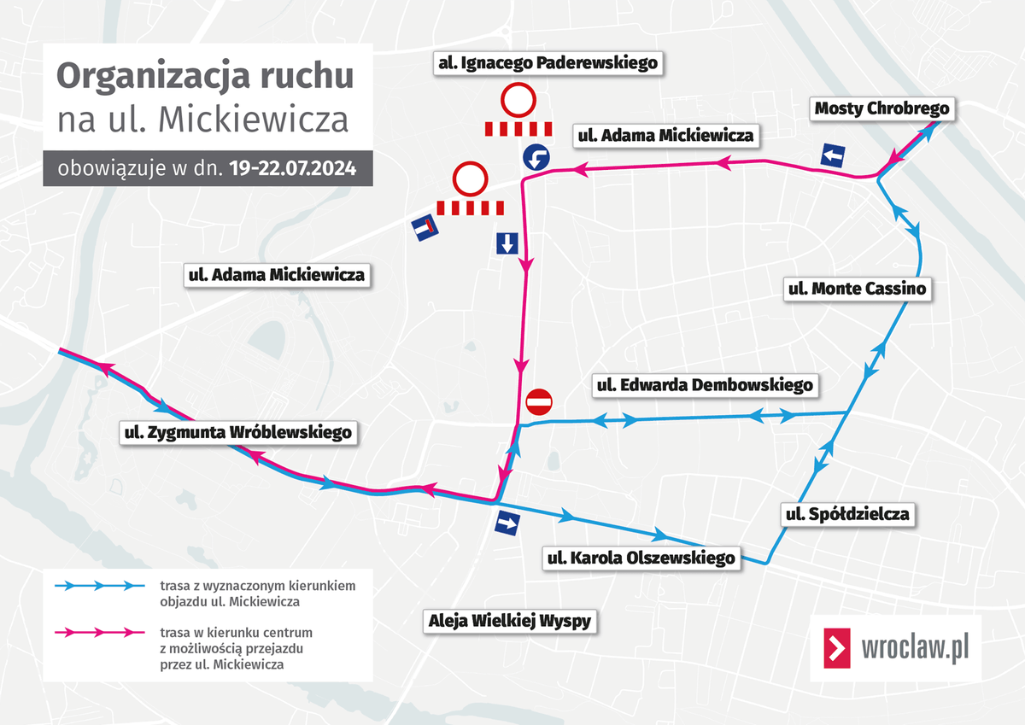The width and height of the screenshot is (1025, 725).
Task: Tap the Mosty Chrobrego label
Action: coord(881,108)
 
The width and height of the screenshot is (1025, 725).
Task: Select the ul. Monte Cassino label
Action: coord(856,289)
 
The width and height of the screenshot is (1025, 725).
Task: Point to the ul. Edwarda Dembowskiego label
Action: coord(704,385)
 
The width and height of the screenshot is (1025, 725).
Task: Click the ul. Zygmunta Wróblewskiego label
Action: coord(237,432)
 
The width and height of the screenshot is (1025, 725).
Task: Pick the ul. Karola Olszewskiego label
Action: coord(641,558)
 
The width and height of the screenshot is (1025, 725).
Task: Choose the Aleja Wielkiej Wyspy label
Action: coord(510,621)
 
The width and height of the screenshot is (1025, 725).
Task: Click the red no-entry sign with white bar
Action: coord(540,401)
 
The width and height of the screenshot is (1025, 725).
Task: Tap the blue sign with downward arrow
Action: coord(507,243)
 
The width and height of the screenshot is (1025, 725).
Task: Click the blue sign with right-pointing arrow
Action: coord(507,524)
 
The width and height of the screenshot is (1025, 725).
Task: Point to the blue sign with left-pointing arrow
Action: coord(833,155)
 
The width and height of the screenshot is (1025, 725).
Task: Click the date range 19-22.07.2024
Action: coord(291,168)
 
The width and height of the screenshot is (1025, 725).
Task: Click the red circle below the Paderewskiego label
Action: coord(518,101)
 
